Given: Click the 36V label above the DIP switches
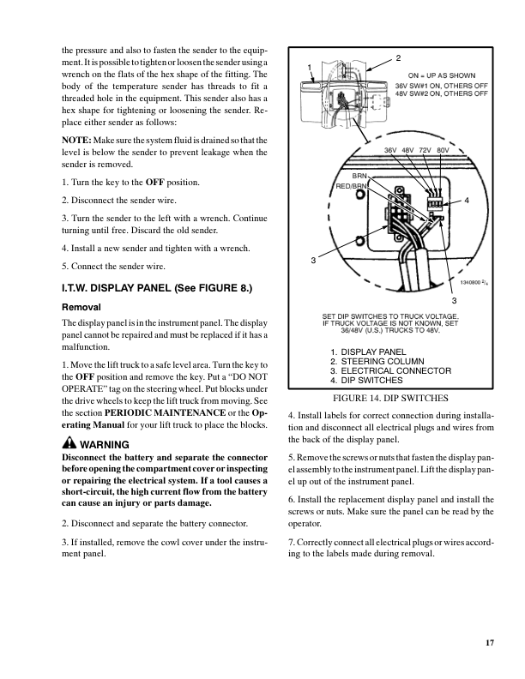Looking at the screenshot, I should coord(390,150).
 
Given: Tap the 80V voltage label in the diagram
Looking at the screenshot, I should coord(443,150).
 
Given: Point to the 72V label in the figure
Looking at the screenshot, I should coord(425,150).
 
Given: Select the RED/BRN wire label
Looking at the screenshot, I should coord(352,185).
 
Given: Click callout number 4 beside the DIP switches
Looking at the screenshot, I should coord(466,201).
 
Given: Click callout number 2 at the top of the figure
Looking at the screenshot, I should coord(398,57).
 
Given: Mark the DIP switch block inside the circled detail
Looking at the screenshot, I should coord(434,204).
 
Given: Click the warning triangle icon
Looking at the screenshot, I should coord(69,445).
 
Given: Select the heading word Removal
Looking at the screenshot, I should coord(82,306).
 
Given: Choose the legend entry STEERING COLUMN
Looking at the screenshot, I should coord(383,361).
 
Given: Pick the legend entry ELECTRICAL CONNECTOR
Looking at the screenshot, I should coord(395,370).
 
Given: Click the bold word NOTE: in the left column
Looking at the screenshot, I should coord(79,141).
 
